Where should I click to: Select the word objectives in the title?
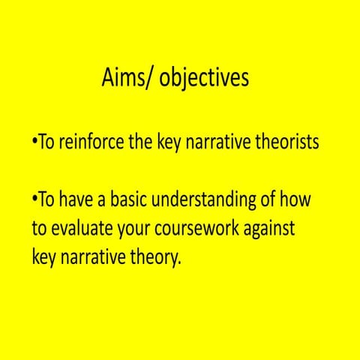(x=202, y=78)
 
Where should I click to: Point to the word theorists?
(x=286, y=142)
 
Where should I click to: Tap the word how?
(x=295, y=200)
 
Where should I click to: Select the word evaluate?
(x=81, y=229)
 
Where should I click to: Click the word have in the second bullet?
(x=79, y=200)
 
